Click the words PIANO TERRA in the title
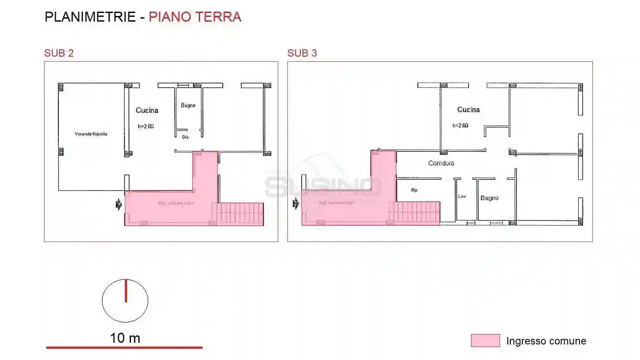[194, 17]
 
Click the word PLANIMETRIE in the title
[90, 17]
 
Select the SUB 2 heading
[59, 53]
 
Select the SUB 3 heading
[302, 53]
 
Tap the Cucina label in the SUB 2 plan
[147, 111]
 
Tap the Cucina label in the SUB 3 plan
[468, 110]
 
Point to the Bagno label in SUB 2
[188, 105]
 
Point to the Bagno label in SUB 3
[489, 198]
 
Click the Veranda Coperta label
[91, 134]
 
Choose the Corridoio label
[441, 163]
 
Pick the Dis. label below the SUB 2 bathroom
[186, 137]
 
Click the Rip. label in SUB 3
[414, 190]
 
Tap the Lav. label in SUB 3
[462, 196]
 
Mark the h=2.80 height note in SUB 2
[146, 127]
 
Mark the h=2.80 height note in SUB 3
[460, 126]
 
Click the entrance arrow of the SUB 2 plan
[118, 204]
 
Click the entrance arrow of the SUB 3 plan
[296, 204]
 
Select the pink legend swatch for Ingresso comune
[485, 341]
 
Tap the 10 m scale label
[125, 338]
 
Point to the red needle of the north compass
[126, 290]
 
